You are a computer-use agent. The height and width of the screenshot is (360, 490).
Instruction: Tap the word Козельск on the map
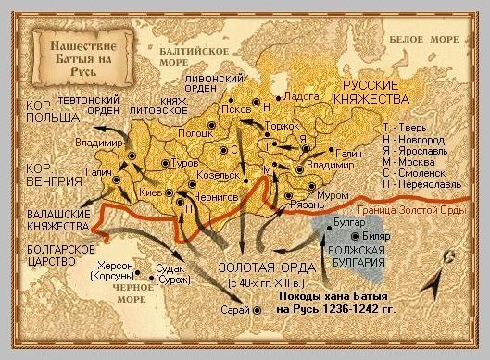218,174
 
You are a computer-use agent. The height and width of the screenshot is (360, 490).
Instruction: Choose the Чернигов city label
219,196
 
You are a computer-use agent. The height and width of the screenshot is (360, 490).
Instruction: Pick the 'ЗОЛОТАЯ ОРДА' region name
252,267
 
